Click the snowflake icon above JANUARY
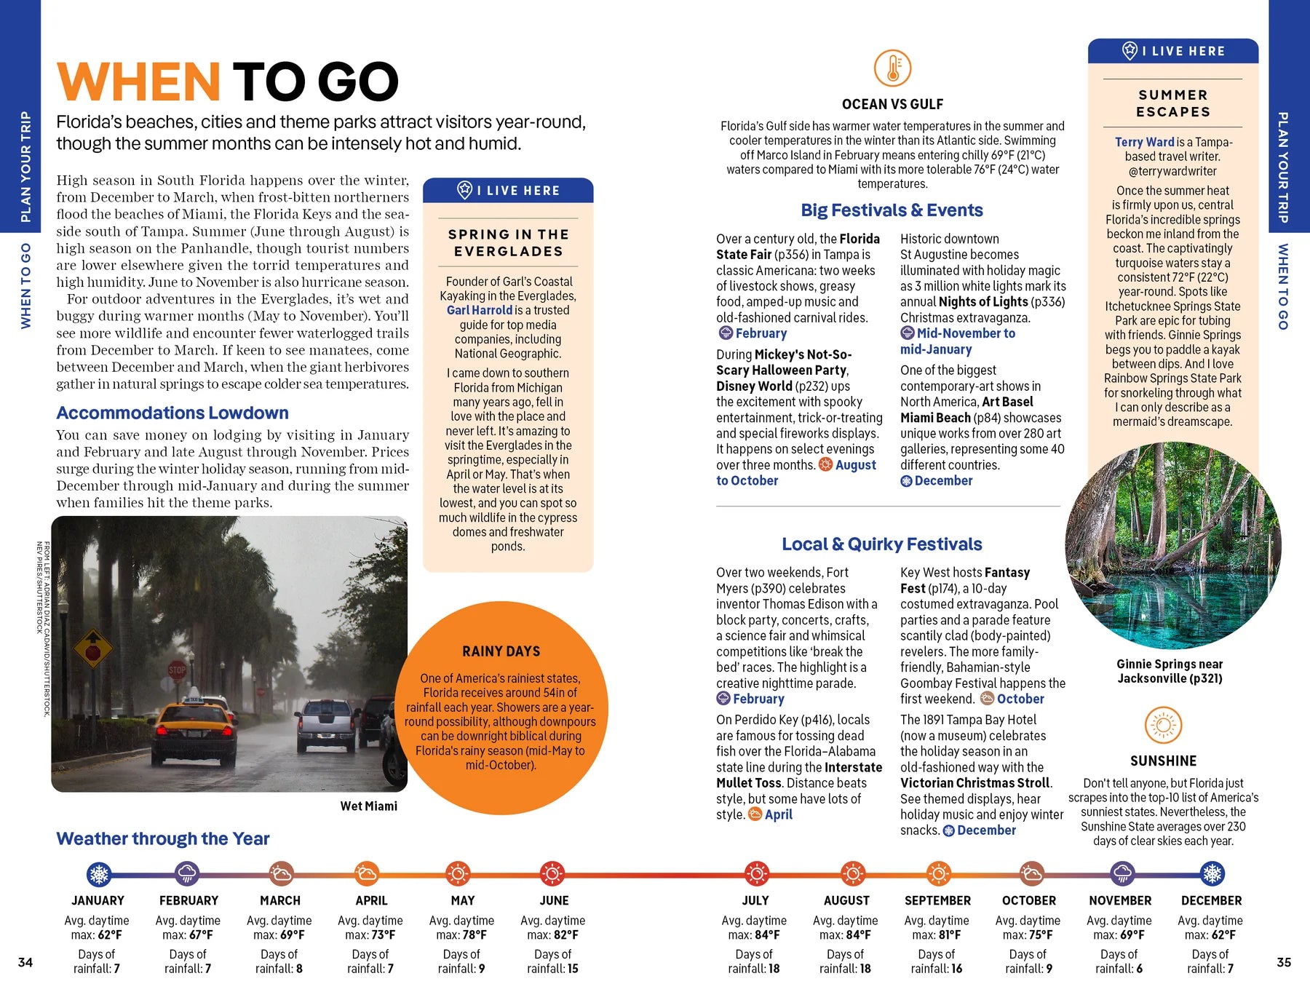[x=98, y=873]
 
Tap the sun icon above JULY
[x=756, y=873]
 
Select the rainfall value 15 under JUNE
[x=572, y=969]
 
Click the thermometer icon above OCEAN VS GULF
[x=892, y=68]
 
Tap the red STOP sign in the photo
[x=177, y=670]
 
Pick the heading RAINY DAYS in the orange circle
[x=501, y=651]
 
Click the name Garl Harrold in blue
[x=480, y=310]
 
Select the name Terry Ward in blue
[x=1144, y=142]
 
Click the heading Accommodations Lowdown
[x=172, y=413]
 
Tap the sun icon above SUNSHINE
[x=1163, y=726]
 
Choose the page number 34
[x=25, y=962]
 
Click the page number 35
[x=1284, y=962]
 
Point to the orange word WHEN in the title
[x=138, y=82]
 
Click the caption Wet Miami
[x=368, y=806]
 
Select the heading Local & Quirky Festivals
[x=881, y=544]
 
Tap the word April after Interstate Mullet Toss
[x=778, y=814]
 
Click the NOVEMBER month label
[x=1120, y=900]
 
